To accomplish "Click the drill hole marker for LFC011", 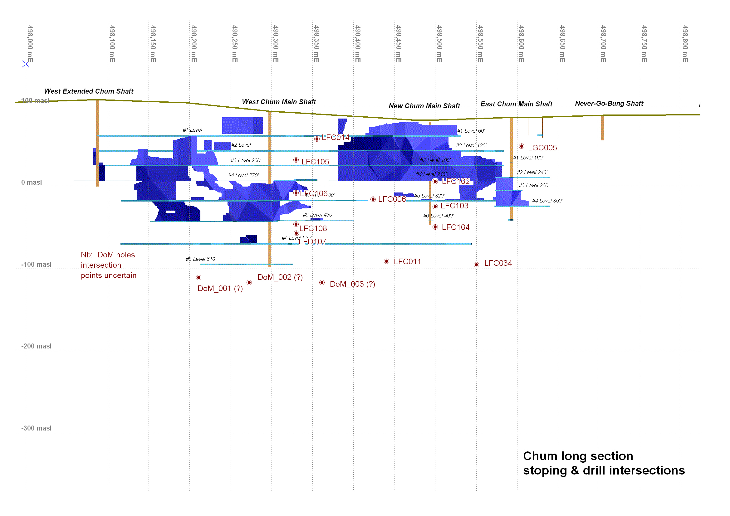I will point(386,261).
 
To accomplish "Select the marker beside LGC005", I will point(522,146).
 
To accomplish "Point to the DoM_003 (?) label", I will point(352,284).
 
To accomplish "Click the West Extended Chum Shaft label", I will point(88,91).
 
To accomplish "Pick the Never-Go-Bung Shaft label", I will point(609,103).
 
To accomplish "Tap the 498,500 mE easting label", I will point(439,44).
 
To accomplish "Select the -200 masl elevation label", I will point(36,346).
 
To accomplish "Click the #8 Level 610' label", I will point(201,259).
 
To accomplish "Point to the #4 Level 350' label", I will point(547,201).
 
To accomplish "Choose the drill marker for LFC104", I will point(435,227).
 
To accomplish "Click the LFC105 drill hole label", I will point(315,161).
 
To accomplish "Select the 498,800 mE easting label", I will point(685,44).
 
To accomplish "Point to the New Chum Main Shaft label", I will point(424,106).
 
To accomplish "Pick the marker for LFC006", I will point(373,199).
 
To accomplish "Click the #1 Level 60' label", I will point(471,131).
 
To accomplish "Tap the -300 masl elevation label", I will point(36,428).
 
